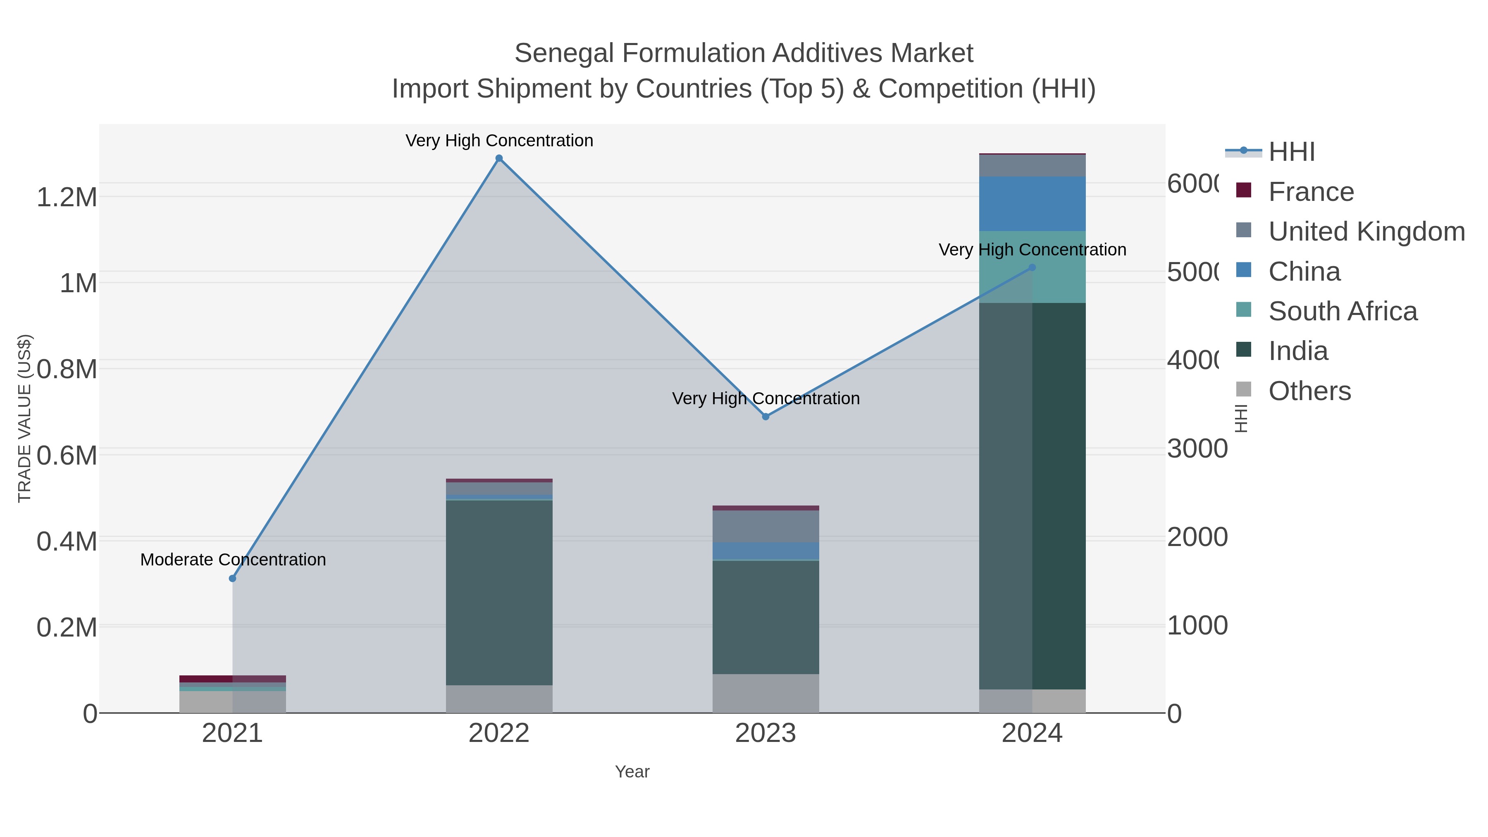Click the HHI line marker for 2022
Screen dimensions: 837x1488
coord(499,158)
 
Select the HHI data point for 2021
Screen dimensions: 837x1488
coord(232,578)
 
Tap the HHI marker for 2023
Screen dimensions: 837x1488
coord(765,417)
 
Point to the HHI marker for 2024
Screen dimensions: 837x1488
coord(1032,267)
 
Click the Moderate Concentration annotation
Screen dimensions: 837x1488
coord(233,560)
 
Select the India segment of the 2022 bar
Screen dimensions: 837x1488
coord(499,592)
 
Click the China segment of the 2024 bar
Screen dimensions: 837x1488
coord(1032,203)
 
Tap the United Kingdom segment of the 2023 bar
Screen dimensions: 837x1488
coord(765,526)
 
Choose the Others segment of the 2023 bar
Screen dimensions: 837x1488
coord(765,693)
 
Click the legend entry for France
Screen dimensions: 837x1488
coord(1311,192)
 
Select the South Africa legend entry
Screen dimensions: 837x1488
coord(1343,311)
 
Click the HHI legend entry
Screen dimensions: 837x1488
coord(1292,152)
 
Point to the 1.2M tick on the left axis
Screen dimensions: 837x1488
coord(67,198)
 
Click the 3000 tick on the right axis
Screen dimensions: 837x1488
coord(1197,449)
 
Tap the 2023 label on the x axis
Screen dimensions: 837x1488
coord(765,734)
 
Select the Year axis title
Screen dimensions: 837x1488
coord(632,772)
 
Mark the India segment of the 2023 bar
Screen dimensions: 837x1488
coord(765,617)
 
